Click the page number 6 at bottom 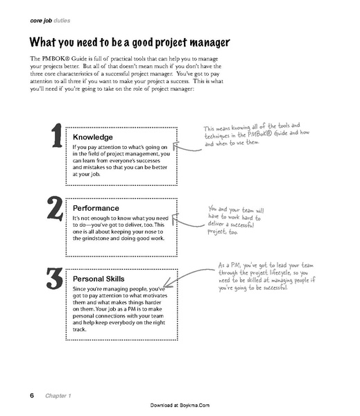coord(32,396)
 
